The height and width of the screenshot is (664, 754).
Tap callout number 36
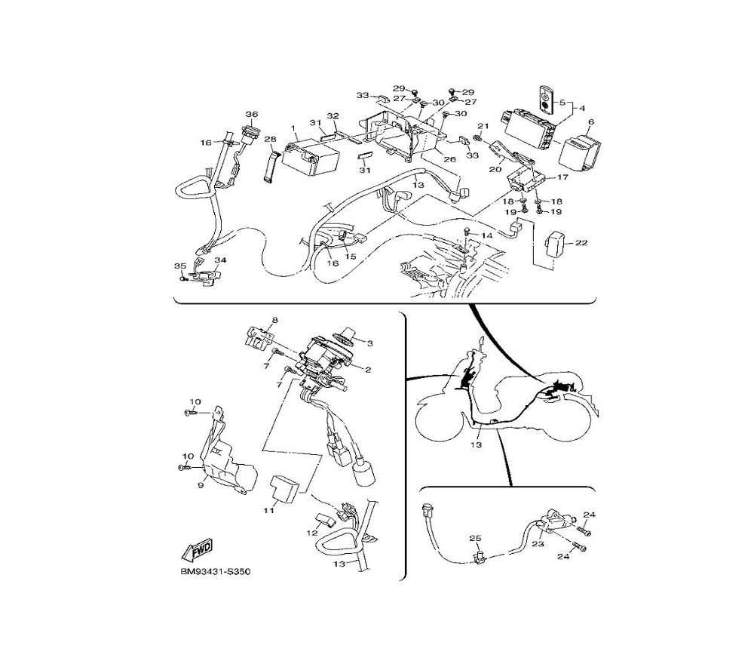click(251, 115)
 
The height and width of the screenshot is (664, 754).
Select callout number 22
click(581, 243)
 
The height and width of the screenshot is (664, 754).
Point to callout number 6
click(590, 121)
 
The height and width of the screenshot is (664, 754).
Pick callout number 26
click(449, 159)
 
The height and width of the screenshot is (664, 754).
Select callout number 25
click(475, 538)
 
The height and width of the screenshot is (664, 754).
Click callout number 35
click(179, 266)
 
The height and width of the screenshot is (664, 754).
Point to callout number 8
click(274, 321)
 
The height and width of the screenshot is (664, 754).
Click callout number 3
click(369, 343)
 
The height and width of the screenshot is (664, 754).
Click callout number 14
click(487, 236)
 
